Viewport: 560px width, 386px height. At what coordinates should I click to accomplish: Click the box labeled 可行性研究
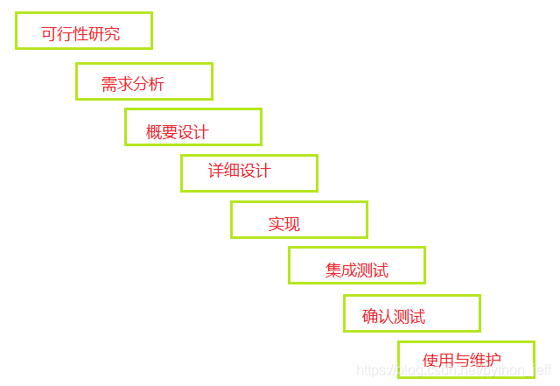pyautogui.click(x=84, y=31)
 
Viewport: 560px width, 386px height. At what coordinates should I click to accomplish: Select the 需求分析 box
pyautogui.click(x=144, y=81)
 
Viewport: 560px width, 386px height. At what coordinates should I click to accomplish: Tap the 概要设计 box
pyautogui.click(x=193, y=127)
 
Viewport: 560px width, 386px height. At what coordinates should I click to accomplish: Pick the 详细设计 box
pyautogui.click(x=249, y=173)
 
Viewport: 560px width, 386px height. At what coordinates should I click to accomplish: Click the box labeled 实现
pyautogui.click(x=299, y=220)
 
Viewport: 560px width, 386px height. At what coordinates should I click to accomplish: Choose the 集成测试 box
pyautogui.click(x=357, y=265)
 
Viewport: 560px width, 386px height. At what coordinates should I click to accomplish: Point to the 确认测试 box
pyautogui.click(x=412, y=313)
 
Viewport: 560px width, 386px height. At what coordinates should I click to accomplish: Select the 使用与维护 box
pyautogui.click(x=466, y=359)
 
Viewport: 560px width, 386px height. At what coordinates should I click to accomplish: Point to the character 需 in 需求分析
pyautogui.click(x=109, y=85)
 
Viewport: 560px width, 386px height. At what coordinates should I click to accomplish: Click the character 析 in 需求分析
pyautogui.click(x=157, y=85)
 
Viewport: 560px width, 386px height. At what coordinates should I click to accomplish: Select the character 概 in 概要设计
pyautogui.click(x=154, y=132)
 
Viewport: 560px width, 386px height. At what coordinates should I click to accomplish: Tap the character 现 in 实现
pyautogui.click(x=292, y=224)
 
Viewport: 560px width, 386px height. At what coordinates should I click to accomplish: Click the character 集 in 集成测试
pyautogui.click(x=333, y=270)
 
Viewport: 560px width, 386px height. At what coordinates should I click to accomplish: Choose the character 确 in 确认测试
pyautogui.click(x=370, y=317)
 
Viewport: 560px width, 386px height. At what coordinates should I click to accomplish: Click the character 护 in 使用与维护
pyautogui.click(x=493, y=361)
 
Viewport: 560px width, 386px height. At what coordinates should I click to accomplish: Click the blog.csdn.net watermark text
pyautogui.click(x=455, y=371)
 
